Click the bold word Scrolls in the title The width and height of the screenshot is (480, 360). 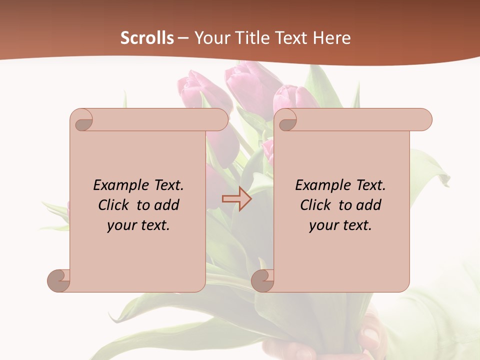(x=147, y=38)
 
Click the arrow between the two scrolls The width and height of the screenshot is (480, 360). (x=236, y=199)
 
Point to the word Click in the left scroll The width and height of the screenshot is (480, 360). (x=114, y=205)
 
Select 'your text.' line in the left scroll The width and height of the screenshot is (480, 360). (x=138, y=225)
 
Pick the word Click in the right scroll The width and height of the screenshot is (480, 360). (x=316, y=205)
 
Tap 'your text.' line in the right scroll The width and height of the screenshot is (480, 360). (x=340, y=225)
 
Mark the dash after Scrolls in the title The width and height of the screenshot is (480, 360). (x=183, y=38)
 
